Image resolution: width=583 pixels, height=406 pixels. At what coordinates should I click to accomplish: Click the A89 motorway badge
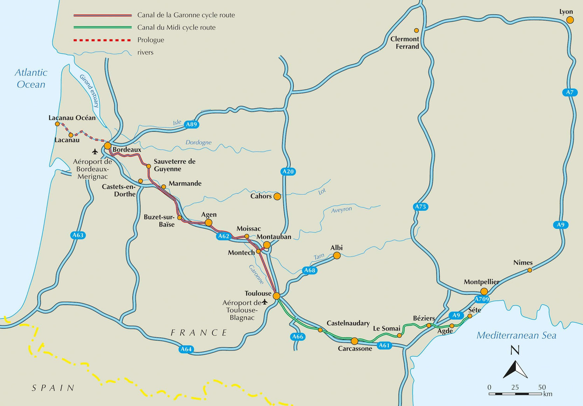click(x=191, y=125)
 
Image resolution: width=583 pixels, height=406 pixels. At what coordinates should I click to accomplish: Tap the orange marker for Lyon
click(x=570, y=20)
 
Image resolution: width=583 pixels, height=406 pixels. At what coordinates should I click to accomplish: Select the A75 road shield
click(x=421, y=206)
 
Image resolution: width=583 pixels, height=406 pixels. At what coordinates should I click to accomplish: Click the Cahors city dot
click(x=277, y=196)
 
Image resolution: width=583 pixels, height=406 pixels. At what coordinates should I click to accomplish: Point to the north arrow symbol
click(x=515, y=369)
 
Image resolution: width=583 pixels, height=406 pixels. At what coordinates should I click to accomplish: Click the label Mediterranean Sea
click(x=516, y=335)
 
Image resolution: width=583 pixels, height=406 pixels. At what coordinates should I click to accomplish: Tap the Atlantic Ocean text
click(x=31, y=78)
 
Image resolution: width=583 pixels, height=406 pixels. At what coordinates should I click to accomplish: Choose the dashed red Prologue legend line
click(x=103, y=40)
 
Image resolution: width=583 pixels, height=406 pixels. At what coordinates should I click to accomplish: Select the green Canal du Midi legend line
click(x=103, y=28)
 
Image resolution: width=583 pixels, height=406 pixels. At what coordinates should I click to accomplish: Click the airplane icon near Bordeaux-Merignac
click(x=95, y=151)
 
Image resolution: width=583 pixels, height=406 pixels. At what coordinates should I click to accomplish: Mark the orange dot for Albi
click(x=337, y=255)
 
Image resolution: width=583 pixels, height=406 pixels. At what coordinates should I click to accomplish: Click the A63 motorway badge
click(x=78, y=235)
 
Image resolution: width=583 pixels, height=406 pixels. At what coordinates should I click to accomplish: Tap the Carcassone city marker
click(x=354, y=341)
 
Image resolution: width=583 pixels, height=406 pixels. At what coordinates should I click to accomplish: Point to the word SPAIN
click(x=53, y=388)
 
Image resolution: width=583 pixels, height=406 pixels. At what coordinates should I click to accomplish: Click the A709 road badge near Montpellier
click(x=482, y=299)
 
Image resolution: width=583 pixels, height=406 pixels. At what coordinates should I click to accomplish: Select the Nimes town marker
click(x=530, y=270)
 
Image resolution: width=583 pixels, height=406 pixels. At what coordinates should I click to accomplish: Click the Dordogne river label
click(x=198, y=142)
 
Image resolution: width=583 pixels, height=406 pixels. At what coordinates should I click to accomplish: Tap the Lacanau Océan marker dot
click(x=57, y=124)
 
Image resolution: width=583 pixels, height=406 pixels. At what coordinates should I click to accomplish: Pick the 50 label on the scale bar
click(x=542, y=387)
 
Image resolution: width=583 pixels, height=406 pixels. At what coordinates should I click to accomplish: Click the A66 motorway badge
click(x=297, y=337)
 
